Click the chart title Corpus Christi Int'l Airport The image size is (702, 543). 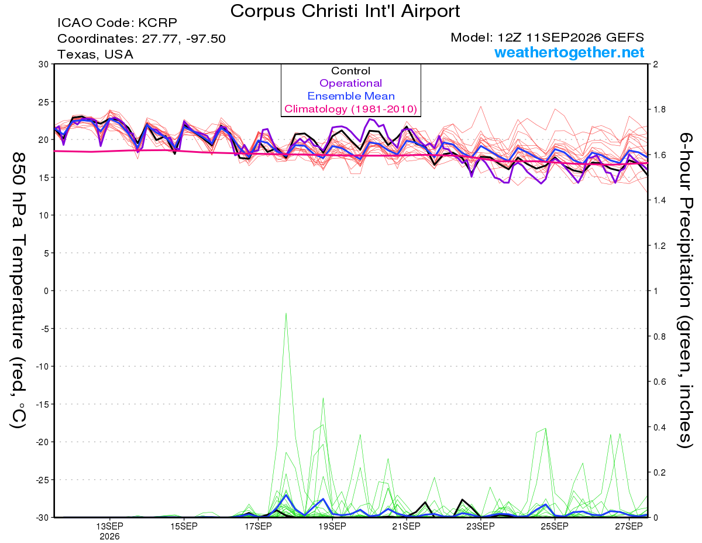click(345, 11)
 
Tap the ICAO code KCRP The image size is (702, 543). click(157, 23)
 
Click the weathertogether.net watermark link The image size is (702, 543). click(569, 52)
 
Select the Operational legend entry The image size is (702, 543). click(350, 83)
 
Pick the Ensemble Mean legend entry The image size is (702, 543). click(351, 96)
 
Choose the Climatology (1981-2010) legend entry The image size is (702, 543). click(350, 109)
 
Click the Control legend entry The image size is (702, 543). click(350, 71)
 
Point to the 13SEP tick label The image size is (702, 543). click(109, 527)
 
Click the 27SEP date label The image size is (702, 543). click(629, 527)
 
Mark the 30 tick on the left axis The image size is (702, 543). click(43, 64)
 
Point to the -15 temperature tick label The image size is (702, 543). click(42, 404)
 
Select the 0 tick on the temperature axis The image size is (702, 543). click(46, 291)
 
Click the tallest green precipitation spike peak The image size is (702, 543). click(286, 313)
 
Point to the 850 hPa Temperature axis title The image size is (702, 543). click(18, 291)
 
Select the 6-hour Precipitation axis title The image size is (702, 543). click(685, 290)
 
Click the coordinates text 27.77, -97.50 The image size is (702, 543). click(184, 39)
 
